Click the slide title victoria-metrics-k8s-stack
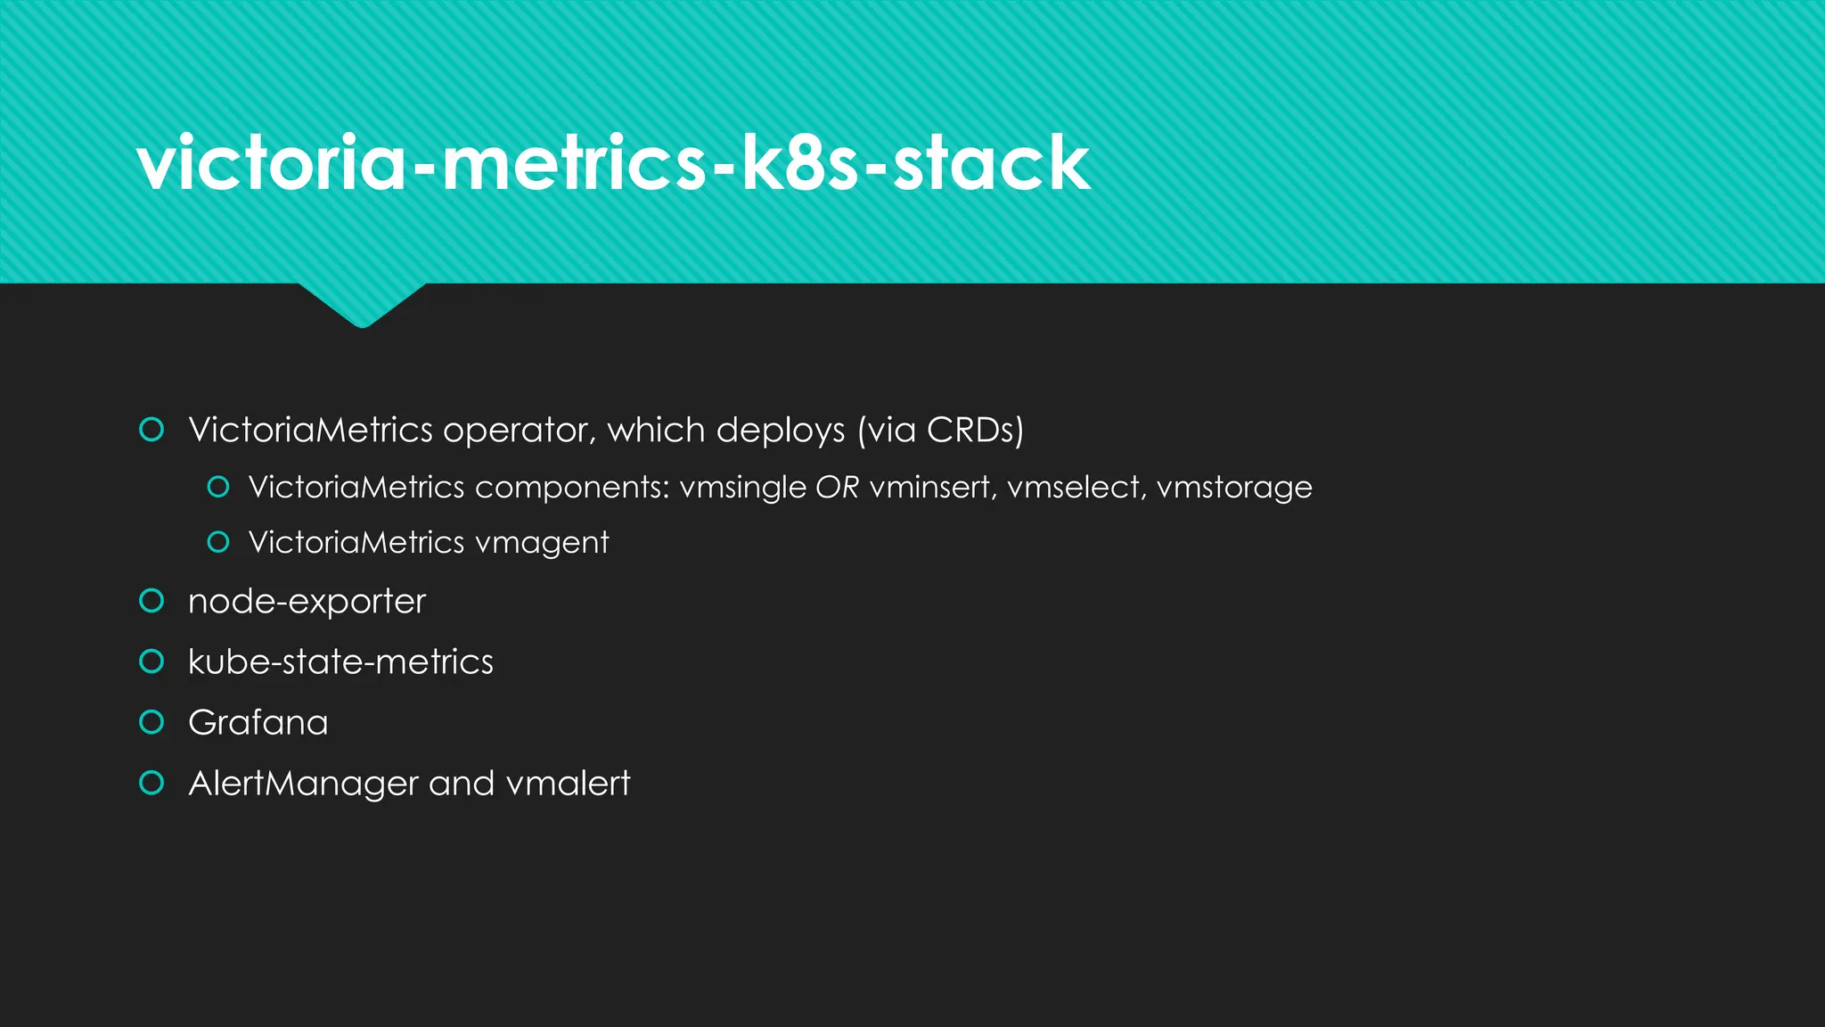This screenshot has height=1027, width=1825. (613, 162)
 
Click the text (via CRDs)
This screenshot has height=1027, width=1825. (941, 430)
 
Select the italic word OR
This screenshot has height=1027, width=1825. (837, 487)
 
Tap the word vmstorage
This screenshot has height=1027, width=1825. (1234, 488)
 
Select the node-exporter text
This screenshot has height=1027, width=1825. (307, 602)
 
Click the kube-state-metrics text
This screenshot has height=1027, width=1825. (340, 661)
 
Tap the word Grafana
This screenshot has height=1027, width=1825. (258, 722)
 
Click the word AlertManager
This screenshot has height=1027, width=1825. (303, 784)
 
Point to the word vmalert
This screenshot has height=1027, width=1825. (568, 783)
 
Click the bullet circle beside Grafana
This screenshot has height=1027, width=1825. (151, 721)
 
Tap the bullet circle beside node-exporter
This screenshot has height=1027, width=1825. (151, 601)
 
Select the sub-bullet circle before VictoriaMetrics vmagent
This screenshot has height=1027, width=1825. (217, 541)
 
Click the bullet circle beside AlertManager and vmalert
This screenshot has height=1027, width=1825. (151, 783)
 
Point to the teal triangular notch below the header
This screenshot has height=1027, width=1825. (362, 302)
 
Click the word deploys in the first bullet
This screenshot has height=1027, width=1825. (780, 431)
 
